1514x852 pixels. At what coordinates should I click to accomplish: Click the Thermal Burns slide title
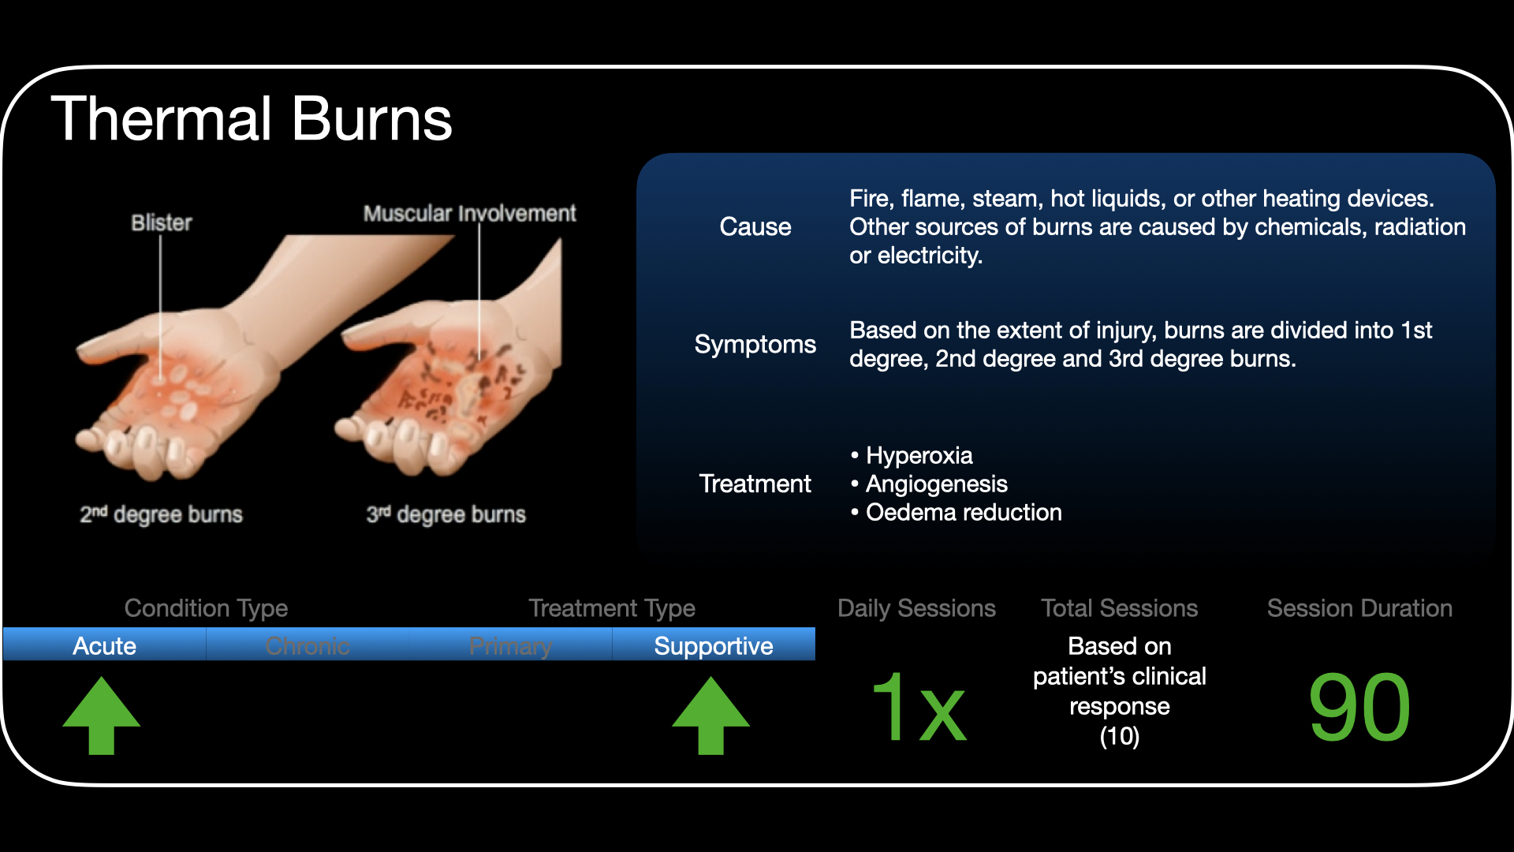252,119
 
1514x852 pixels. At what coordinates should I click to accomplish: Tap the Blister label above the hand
162,222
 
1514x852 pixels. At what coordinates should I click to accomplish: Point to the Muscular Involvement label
470,213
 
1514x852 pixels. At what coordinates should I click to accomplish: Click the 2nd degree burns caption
161,514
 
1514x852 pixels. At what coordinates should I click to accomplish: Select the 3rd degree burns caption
446,514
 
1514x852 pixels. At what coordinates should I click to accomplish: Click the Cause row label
755,227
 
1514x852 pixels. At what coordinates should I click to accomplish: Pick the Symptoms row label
755,345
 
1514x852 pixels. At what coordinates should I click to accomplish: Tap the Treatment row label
755,484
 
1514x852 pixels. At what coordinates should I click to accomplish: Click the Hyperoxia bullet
912,456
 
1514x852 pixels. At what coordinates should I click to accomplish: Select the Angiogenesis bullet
929,484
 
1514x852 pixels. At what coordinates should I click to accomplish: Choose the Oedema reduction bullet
956,513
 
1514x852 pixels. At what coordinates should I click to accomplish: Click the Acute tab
104,645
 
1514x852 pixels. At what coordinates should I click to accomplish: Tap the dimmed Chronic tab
308,645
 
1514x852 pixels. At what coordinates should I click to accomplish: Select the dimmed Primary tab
510,645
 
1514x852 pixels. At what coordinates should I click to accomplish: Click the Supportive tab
714,645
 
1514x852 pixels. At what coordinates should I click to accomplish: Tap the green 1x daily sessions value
918,707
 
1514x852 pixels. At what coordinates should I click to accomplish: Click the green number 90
1359,708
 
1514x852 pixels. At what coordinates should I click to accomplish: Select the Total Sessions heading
1119,608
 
